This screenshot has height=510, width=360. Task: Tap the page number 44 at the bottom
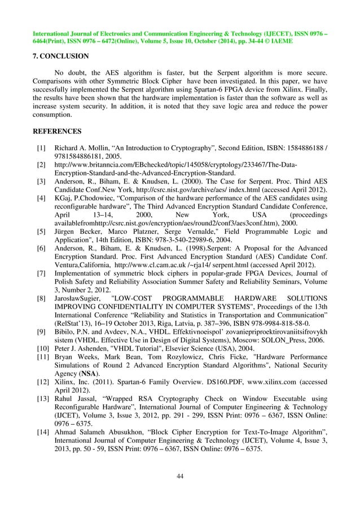(180, 477)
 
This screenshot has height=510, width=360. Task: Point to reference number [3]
(41, 182)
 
